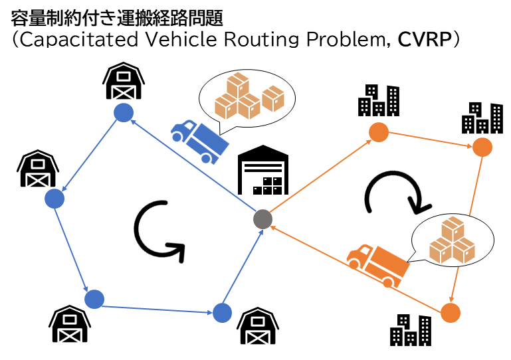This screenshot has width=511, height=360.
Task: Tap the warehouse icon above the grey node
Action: click(x=264, y=171)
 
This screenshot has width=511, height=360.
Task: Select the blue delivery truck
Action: click(x=199, y=139)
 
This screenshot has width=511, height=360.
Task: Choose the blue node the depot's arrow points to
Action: click(x=123, y=113)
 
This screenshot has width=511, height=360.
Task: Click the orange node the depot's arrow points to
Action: click(x=377, y=132)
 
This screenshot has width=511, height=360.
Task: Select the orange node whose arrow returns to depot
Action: click(x=450, y=311)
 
